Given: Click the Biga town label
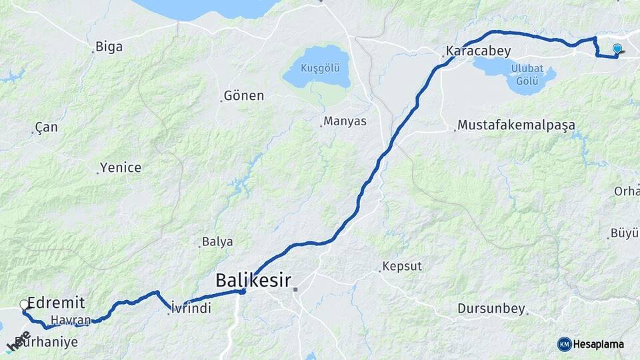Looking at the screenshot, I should [109, 47].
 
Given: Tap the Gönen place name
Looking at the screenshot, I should [244, 96].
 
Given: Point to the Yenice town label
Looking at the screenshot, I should [121, 167].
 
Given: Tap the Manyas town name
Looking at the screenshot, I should [345, 122].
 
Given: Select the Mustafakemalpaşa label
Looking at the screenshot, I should [516, 125].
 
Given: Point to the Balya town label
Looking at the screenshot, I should [217, 241].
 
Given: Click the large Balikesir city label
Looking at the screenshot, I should [253, 281].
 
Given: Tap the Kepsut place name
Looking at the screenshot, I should [403, 267].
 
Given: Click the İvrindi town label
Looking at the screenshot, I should [191, 308].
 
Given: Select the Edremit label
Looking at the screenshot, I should [56, 303].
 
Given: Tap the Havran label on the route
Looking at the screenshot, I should [69, 321].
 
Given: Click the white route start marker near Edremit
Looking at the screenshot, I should [24, 305].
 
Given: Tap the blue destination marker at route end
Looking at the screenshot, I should [617, 49].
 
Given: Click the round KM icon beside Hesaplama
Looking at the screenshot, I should [565, 344].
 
